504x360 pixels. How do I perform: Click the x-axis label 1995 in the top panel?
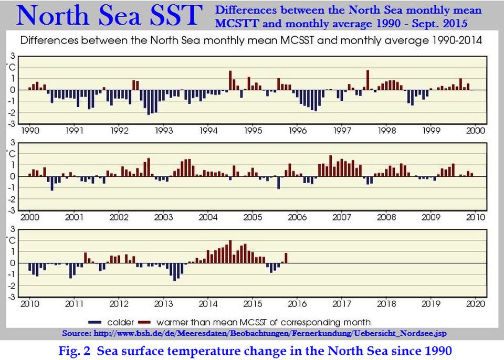[253, 130]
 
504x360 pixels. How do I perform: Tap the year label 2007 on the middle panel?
[342, 217]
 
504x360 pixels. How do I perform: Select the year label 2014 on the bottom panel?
[208, 303]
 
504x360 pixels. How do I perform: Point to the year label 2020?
[475, 303]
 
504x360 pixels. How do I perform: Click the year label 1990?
[29, 130]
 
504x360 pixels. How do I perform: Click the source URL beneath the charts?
[255, 333]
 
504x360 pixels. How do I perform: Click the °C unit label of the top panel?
[11, 67]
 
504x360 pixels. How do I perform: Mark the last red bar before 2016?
[286, 258]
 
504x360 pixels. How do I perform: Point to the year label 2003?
[164, 217]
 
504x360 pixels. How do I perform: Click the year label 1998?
[387, 130]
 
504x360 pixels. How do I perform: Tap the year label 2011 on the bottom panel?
[74, 303]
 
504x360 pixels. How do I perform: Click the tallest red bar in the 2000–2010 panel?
[330, 165]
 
